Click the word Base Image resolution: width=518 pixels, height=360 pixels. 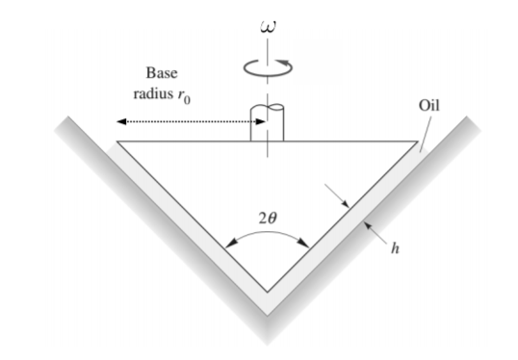pyautogui.click(x=162, y=74)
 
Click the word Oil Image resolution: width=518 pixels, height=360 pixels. pyautogui.click(x=429, y=104)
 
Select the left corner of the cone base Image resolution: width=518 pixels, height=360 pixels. pyautogui.click(x=118, y=141)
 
